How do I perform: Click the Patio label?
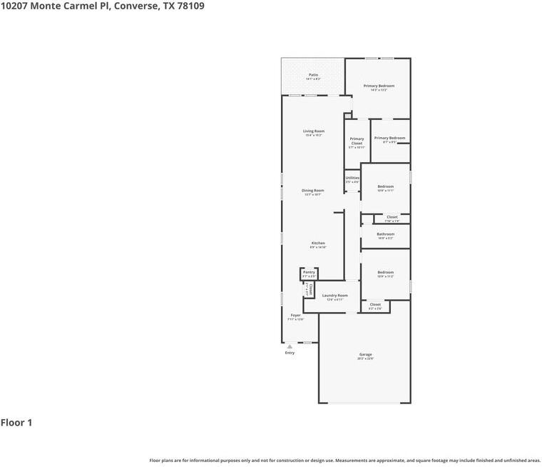[313, 75]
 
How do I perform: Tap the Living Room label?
[314, 131]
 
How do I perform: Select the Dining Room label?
[312, 191]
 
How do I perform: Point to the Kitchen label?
[317, 243]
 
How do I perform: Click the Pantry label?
[309, 272]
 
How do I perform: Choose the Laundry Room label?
[334, 296]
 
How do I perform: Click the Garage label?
[365, 355]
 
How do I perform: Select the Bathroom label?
[385, 234]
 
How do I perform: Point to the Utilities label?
[352, 178]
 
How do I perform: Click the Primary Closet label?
[357, 141]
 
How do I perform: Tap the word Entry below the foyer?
[290, 353]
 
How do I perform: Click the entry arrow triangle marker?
[290, 346]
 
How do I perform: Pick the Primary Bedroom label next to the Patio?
[379, 86]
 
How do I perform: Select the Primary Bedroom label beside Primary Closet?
[389, 138]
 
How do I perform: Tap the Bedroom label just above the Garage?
[385, 272]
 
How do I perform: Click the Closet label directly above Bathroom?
[392, 217]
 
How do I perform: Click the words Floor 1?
[16, 423]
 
